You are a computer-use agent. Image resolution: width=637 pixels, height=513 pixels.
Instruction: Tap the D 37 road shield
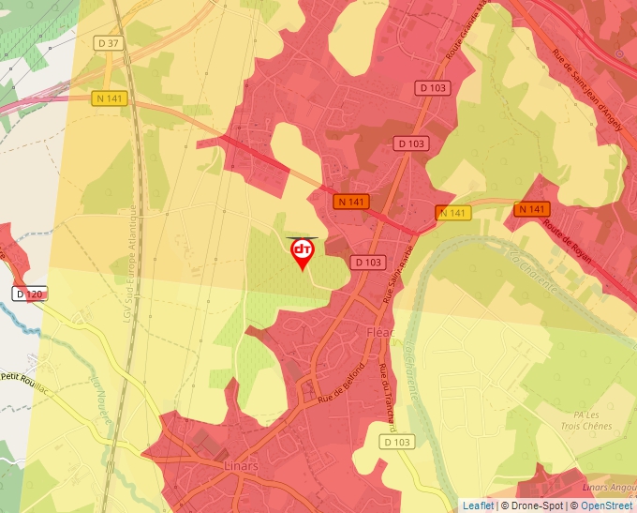(x=109, y=42)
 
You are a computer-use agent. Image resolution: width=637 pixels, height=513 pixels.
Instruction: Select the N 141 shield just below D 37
(x=109, y=98)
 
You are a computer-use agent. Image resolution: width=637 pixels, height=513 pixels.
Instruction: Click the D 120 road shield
(x=29, y=294)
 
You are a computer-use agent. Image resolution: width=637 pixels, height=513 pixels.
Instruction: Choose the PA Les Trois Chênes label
(x=586, y=419)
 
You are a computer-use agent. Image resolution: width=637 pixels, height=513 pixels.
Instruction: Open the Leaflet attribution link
(x=478, y=505)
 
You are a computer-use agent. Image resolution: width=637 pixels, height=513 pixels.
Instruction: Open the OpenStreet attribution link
(x=605, y=505)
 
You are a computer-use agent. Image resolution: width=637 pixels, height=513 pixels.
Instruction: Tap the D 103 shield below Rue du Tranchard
(x=397, y=442)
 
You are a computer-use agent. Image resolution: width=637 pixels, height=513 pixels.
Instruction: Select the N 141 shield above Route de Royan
(x=531, y=209)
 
